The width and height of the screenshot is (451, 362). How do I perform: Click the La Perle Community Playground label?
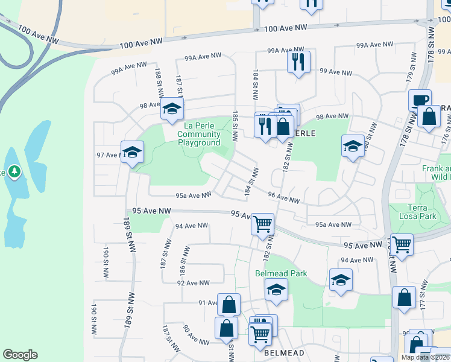point(199,134)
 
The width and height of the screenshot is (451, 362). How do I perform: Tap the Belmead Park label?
point(281,273)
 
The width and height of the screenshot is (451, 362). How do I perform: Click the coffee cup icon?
point(420,100)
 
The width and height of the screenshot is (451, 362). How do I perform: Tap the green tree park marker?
point(14,173)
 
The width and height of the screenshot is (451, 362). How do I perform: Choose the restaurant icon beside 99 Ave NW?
point(298,62)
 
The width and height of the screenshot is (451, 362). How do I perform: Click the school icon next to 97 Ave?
point(132,152)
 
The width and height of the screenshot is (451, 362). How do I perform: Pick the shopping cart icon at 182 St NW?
point(262,224)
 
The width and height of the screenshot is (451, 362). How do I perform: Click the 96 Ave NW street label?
point(283,198)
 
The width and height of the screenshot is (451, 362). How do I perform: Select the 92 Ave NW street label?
point(193,282)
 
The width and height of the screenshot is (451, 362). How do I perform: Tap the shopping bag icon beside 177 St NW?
point(404,297)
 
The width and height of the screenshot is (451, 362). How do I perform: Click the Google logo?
point(20,355)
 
